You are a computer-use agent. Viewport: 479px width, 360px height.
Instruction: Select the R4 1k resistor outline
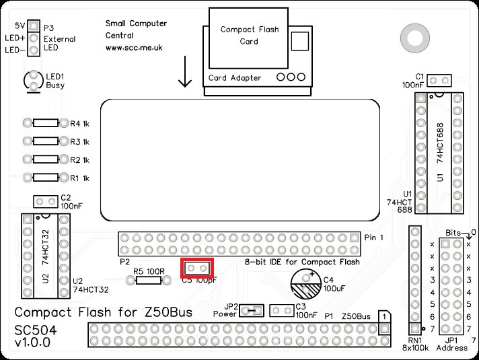pos(46,124)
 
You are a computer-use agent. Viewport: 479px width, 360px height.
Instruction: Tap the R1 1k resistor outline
pos(46,178)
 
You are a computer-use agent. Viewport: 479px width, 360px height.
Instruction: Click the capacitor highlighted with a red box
pos(197,268)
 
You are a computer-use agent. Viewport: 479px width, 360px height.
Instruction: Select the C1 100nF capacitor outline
pos(439,81)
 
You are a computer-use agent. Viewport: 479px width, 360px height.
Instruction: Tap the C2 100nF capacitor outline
pos(46,201)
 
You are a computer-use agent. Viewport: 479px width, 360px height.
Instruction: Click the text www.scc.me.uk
pos(133,48)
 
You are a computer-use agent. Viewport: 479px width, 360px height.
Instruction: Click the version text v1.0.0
pos(32,343)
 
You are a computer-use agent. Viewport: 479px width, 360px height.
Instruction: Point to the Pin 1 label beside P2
pos(374,238)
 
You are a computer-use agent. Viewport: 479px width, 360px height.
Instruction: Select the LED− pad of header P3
pos(32,50)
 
